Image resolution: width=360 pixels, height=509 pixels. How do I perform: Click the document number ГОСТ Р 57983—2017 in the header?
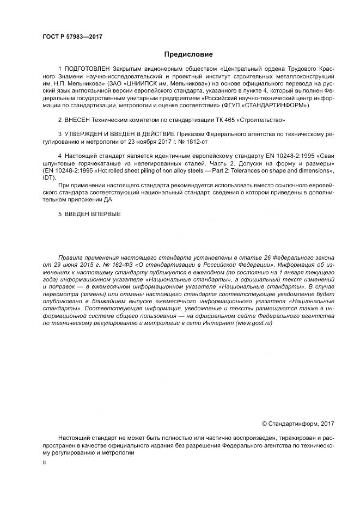point(72,37)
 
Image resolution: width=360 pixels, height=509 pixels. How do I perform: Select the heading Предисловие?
point(188,54)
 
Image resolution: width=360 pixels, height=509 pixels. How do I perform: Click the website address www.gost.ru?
point(254,323)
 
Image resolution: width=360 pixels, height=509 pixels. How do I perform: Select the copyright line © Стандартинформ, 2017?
point(298,424)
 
